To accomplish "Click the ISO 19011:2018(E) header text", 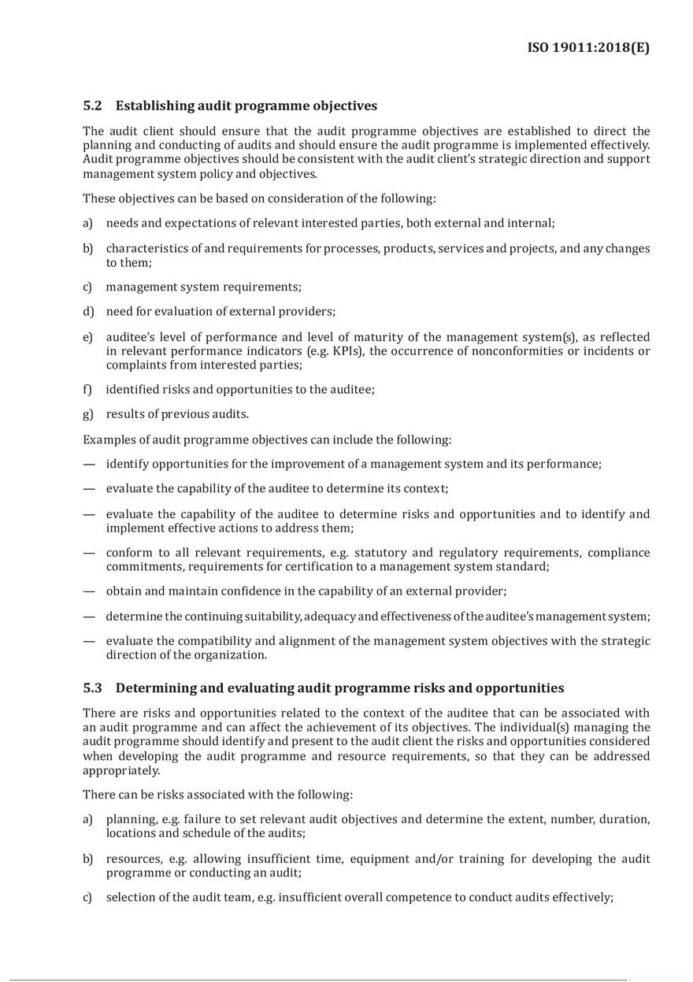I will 588,48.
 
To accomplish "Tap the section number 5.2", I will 92,106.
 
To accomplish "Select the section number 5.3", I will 92,687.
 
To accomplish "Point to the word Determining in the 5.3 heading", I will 155,687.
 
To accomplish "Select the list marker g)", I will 88,414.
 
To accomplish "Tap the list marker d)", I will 88,312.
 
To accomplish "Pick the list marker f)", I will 87,390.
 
